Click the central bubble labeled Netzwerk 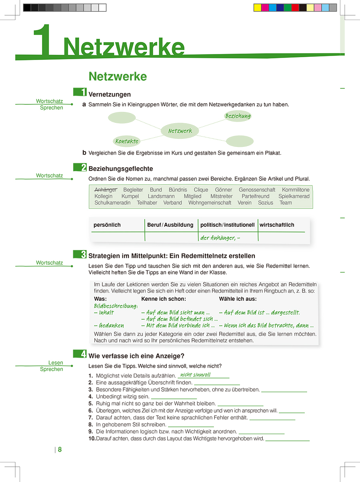coord(180,131)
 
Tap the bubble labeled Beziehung coord(238,116)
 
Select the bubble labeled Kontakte coord(127,141)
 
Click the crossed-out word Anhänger coord(106,190)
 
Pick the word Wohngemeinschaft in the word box coord(210,203)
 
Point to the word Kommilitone coord(296,190)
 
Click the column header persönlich coord(107,225)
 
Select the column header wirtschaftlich coord(277,225)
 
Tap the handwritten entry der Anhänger coord(220,238)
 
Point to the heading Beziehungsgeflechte coord(120,169)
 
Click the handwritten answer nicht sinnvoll coord(195,375)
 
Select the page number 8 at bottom coord(60,450)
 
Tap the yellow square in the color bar coord(258,8)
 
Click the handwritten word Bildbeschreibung coord(116,306)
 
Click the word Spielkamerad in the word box coord(294,196)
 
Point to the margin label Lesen coord(56,363)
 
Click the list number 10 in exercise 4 coord(92,439)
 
